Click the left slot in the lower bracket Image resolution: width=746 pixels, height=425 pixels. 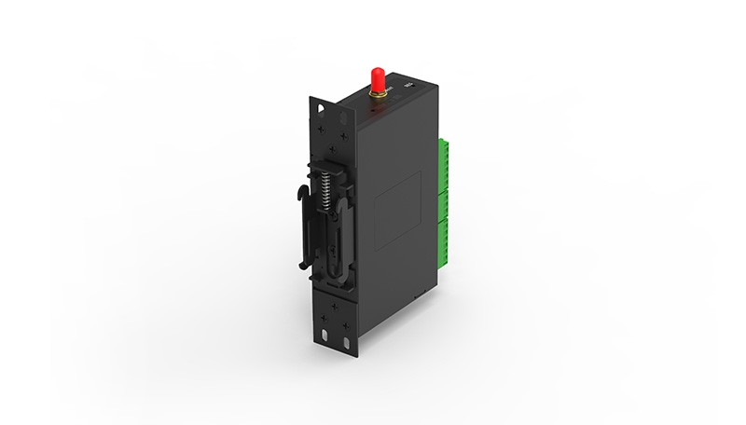point(323,336)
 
